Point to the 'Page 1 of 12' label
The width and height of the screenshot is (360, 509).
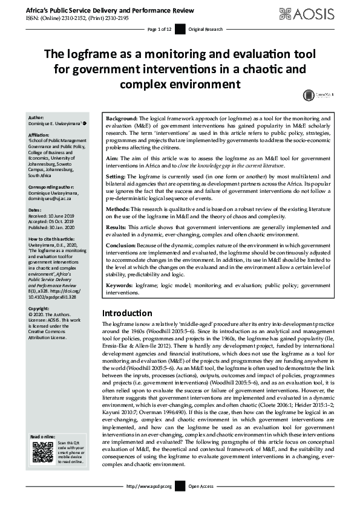[x=160, y=29]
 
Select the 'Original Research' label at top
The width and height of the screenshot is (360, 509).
[x=206, y=29]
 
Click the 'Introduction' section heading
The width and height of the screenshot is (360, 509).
[x=127, y=313]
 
